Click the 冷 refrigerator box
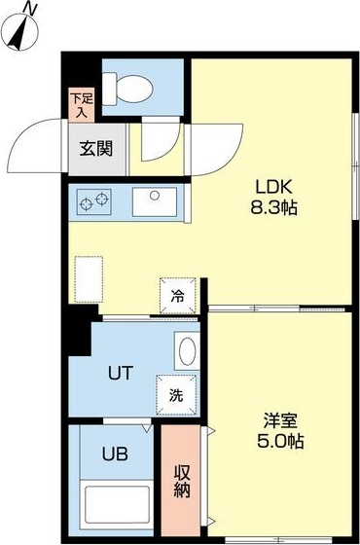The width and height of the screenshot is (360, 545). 178,293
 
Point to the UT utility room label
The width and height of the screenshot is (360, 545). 120,371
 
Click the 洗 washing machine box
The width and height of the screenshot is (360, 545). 176,395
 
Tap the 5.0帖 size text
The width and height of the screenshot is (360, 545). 280,441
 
